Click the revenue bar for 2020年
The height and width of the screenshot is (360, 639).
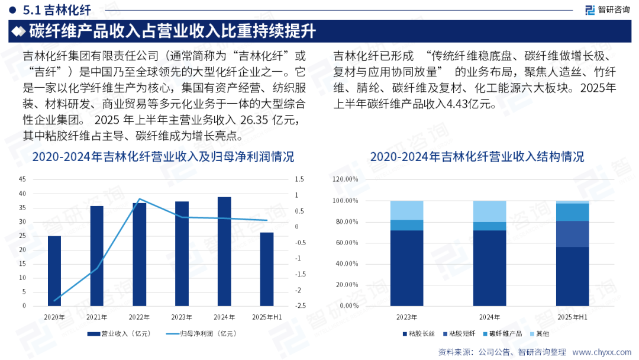[x=54, y=271]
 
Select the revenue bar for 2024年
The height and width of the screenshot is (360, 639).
[x=224, y=251]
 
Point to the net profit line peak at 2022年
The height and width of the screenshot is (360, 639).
[x=140, y=199]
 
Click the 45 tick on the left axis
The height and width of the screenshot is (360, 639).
[x=22, y=179]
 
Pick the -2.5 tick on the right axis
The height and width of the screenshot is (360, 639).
[x=300, y=306]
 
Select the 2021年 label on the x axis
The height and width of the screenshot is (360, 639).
[x=97, y=317]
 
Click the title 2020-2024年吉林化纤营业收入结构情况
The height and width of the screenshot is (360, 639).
[x=477, y=157]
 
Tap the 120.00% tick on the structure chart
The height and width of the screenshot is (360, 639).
[x=346, y=179]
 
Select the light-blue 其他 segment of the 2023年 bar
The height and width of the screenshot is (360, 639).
[x=406, y=210]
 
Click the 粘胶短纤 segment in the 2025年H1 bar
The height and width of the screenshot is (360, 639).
[x=572, y=234]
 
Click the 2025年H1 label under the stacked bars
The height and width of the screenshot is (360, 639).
[x=572, y=317]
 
